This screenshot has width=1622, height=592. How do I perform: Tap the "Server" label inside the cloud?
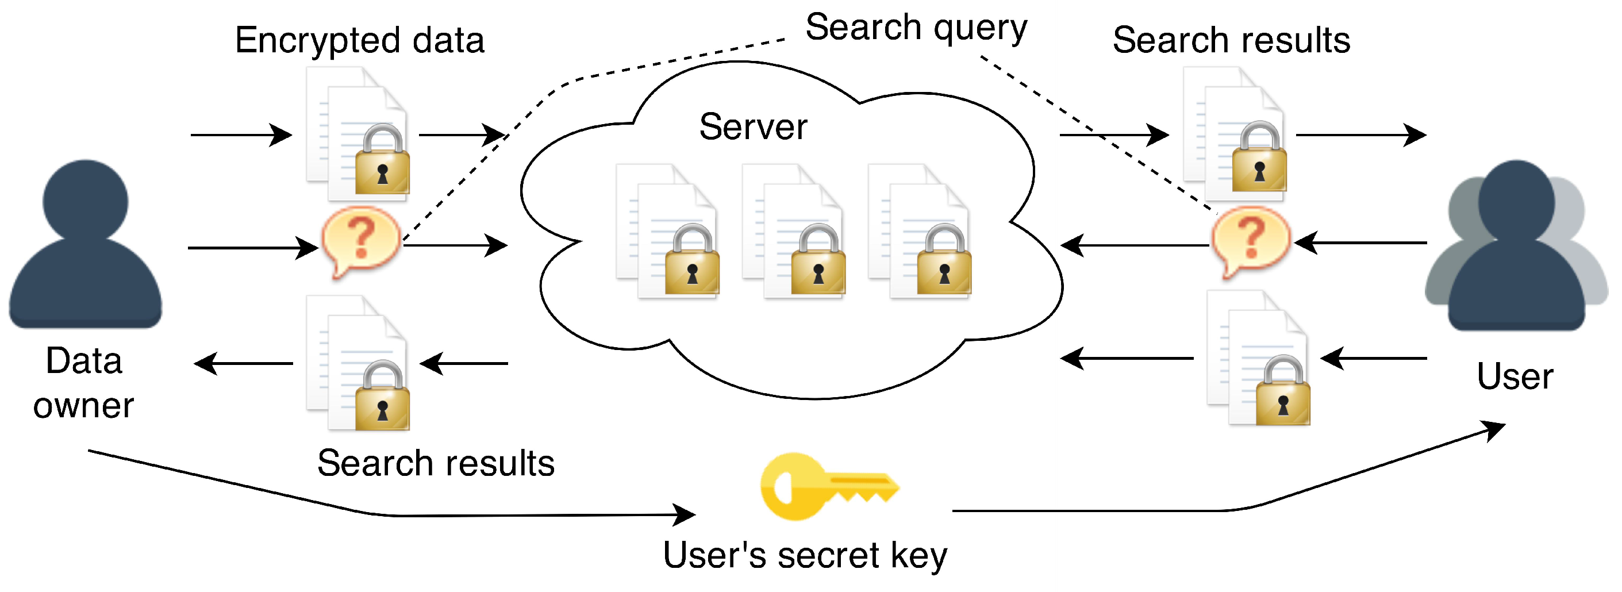(x=753, y=127)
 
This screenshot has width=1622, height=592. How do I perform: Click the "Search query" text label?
(x=916, y=28)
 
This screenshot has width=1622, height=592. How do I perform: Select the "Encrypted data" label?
(x=360, y=41)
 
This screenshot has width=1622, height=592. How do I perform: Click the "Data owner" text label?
(x=84, y=383)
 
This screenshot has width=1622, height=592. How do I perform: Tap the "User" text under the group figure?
(x=1515, y=377)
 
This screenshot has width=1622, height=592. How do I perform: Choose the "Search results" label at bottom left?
(x=436, y=463)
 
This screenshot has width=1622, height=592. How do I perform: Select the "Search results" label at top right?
(x=1231, y=41)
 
